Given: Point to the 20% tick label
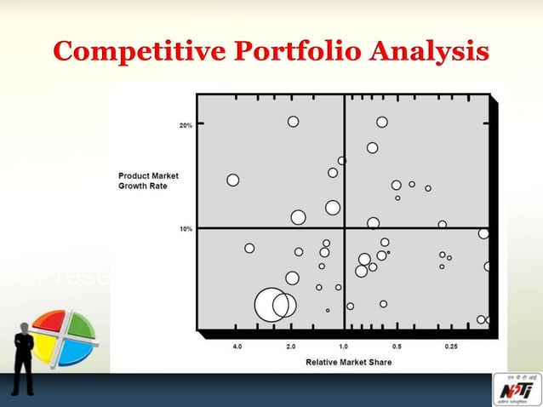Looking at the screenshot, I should coord(185,125).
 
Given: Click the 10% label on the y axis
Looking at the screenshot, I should coord(185,229).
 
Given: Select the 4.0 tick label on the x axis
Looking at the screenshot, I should coord(237,347).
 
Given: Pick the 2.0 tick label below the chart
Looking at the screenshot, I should coord(291,347).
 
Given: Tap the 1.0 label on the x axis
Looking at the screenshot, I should coord(344,347).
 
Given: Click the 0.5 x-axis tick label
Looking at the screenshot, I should coord(397,347).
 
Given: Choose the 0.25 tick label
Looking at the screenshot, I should coord(451,347).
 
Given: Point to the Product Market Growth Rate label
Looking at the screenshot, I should coord(142,181).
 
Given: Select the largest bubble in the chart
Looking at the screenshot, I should coord(271,305).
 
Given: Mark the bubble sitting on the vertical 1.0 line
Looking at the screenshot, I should coord(342,160).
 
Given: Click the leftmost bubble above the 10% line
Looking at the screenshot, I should coord(233,180).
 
